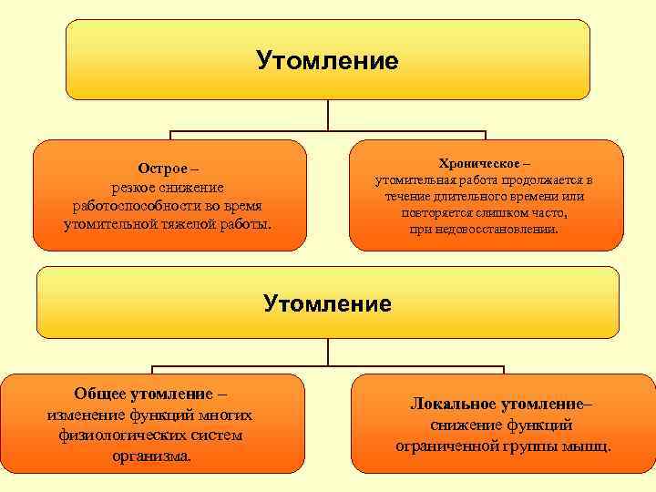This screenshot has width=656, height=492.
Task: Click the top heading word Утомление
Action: pos(327,61)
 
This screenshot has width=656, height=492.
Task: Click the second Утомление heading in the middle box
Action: pos(327,302)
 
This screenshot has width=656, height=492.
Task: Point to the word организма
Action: pos(150,456)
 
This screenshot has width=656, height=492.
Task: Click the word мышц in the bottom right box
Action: pos(589,446)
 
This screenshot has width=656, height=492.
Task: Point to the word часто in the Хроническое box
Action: pos(545,213)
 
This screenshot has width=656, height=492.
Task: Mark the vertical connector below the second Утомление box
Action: pos(328,354)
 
